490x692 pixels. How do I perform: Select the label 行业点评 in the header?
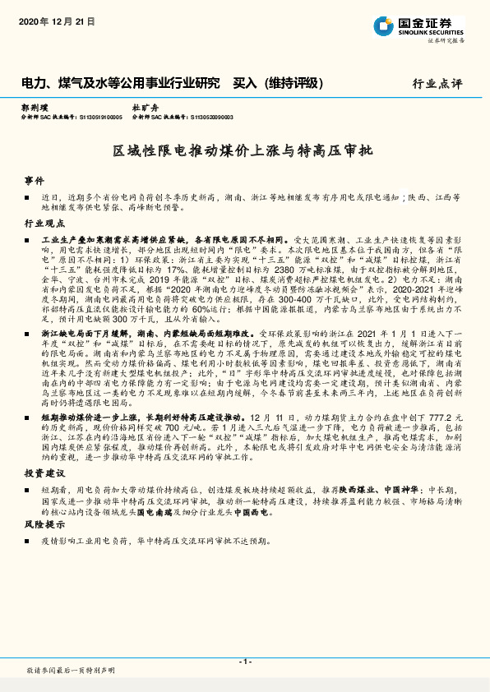tap(437, 84)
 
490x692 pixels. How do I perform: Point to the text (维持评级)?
tap(297, 83)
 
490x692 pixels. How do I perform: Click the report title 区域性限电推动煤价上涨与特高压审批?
tap(243, 152)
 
